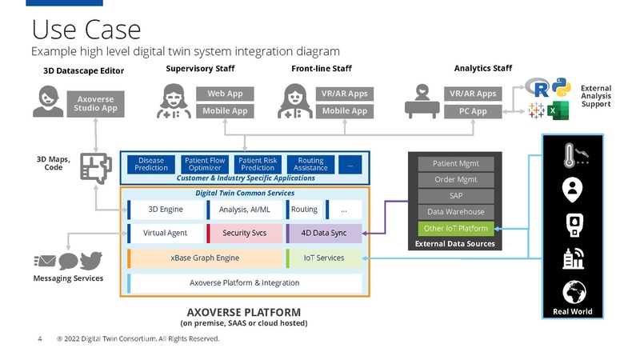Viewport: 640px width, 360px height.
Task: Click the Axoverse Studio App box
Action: (x=95, y=102)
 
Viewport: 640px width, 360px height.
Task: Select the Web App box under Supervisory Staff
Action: (x=225, y=94)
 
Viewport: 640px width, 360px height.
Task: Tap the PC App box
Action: (x=473, y=111)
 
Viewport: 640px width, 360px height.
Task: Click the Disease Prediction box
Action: (x=151, y=164)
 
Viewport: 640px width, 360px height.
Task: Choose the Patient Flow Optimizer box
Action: (x=205, y=164)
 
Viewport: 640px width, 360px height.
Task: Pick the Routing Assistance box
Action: (x=310, y=164)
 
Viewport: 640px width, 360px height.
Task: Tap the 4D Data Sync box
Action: (x=323, y=233)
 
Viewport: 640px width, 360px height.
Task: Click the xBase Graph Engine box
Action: (x=205, y=258)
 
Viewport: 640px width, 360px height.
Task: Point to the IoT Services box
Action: (x=323, y=258)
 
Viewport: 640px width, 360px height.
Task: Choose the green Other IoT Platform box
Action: (x=456, y=228)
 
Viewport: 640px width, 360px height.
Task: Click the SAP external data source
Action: (x=456, y=195)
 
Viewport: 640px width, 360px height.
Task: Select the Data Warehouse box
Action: (x=456, y=212)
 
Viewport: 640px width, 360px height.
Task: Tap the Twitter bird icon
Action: (x=91, y=261)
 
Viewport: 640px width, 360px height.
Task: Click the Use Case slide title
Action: (x=86, y=30)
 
